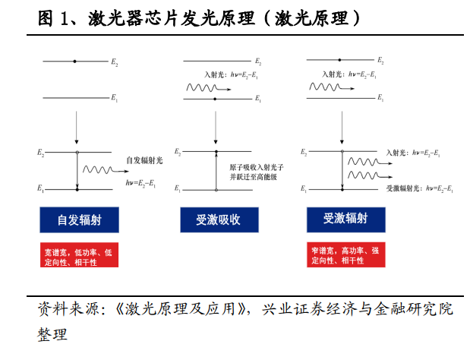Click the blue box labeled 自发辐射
coord(80,219)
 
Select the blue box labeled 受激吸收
coord(219,219)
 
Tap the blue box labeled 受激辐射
coord(346,219)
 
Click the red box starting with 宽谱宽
coord(79,254)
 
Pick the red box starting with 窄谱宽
coord(346,254)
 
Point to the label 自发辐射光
coord(144,161)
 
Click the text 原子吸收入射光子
coord(257,167)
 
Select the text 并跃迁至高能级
coord(254,177)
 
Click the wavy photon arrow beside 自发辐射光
coord(106,170)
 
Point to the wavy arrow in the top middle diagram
coord(209,88)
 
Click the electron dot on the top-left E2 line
coord(75,62)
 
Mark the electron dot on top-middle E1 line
coord(215,99)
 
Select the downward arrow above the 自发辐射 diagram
coord(77,128)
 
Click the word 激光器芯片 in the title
coord(133,18)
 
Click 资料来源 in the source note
coord(68,309)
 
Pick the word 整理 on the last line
coord(52,334)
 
